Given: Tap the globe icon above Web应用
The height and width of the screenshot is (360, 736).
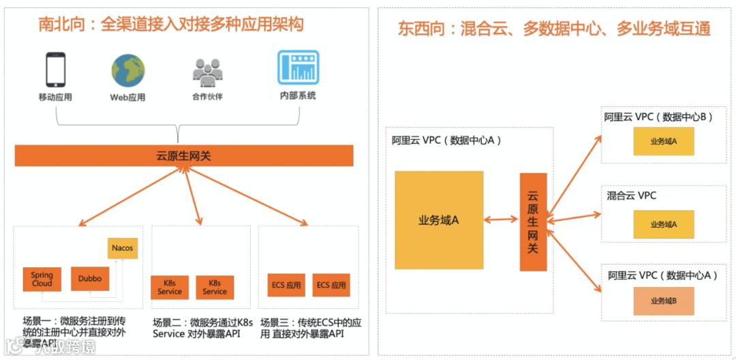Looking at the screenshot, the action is [x=128, y=70].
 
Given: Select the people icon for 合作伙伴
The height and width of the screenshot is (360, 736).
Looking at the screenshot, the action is [x=207, y=71].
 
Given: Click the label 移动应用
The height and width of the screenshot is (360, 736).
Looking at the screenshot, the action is [x=55, y=97].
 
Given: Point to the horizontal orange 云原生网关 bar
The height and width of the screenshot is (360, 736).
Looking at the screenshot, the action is [x=184, y=156].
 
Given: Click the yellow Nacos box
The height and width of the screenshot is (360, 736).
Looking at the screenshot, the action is [x=123, y=248].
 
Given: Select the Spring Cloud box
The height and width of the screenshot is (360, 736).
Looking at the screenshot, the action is [x=42, y=279].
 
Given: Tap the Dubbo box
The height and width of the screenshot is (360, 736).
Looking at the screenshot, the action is [x=90, y=278].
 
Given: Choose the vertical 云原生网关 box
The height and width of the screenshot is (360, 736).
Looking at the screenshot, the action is [x=533, y=222].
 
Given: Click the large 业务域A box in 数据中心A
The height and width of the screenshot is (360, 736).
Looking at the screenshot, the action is [x=439, y=220].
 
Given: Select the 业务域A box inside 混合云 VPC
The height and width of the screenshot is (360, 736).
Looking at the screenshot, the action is [x=663, y=224].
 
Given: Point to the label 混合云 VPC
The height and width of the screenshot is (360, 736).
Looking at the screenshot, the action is [x=631, y=196].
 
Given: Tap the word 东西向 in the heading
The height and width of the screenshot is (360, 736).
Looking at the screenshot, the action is [x=420, y=29].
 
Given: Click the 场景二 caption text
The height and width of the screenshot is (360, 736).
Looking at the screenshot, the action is [x=202, y=327].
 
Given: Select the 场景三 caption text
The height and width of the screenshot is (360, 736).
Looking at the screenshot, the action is [x=311, y=327].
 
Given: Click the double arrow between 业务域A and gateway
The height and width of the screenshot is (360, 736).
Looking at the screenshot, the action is [x=502, y=220].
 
